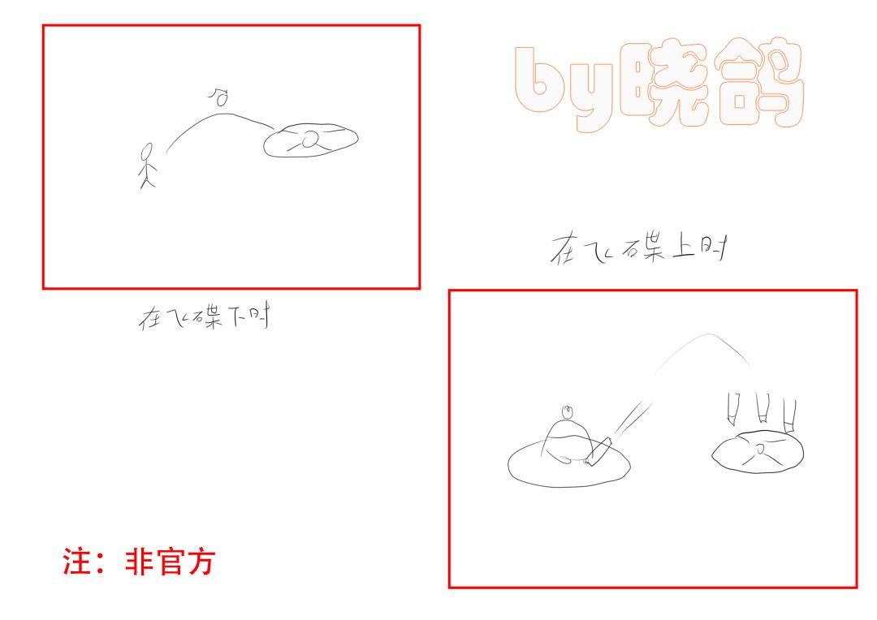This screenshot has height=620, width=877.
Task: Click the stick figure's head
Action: point(147,151)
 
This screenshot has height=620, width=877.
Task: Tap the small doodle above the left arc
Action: point(219,97)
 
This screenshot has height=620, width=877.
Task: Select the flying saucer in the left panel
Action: point(310,140)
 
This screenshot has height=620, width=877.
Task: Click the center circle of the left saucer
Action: point(310,138)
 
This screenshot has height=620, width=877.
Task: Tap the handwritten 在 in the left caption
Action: point(151,317)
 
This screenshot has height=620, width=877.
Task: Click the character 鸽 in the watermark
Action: point(759,83)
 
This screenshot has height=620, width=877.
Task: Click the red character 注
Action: point(76,562)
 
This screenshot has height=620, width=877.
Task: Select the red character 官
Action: point(168,562)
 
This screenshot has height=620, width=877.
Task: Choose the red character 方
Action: point(201,562)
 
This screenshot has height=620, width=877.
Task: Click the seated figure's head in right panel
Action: point(568,412)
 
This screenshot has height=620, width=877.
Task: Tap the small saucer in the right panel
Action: point(758,452)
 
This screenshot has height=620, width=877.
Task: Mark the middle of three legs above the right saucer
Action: point(763,407)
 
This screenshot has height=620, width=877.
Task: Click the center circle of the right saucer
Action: point(759,449)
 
